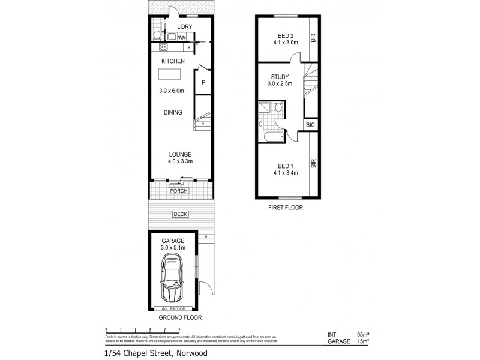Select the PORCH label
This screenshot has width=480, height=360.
pos(179,191)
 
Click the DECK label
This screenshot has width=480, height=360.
pos(179,214)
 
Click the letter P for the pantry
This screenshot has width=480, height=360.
pos(203,82)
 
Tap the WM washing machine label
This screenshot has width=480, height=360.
pos(181,37)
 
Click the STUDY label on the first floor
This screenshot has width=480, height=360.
pos(279,77)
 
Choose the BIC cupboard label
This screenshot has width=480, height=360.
pos(310,125)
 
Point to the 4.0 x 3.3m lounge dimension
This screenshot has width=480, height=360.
pos(180,161)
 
